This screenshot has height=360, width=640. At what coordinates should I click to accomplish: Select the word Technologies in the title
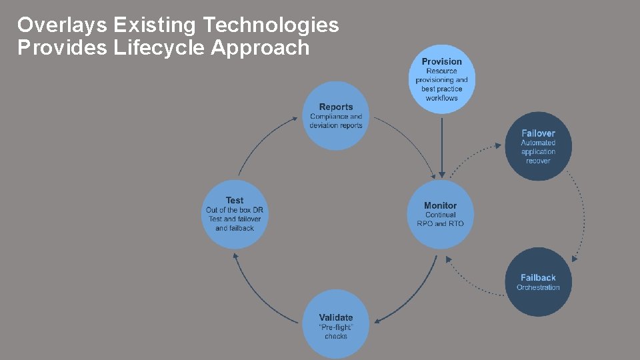tap(270, 25)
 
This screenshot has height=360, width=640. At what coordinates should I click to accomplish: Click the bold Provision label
tap(441, 61)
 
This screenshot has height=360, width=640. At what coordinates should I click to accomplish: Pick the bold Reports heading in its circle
tap(336, 107)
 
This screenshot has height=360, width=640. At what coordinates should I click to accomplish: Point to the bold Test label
tap(235, 200)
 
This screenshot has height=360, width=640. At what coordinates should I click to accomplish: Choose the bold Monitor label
tap(441, 205)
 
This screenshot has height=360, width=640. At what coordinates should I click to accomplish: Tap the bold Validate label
tap(336, 317)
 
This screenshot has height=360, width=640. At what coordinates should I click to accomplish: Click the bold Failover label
tap(538, 133)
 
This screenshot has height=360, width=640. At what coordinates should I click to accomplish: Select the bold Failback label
tap(538, 277)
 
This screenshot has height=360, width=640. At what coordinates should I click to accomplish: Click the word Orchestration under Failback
tap(538, 287)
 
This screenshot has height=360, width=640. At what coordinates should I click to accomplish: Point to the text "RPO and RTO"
tap(441, 223)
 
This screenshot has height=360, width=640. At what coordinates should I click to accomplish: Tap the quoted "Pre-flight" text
tap(336, 327)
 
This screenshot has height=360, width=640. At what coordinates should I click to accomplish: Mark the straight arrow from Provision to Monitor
tap(441, 143)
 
